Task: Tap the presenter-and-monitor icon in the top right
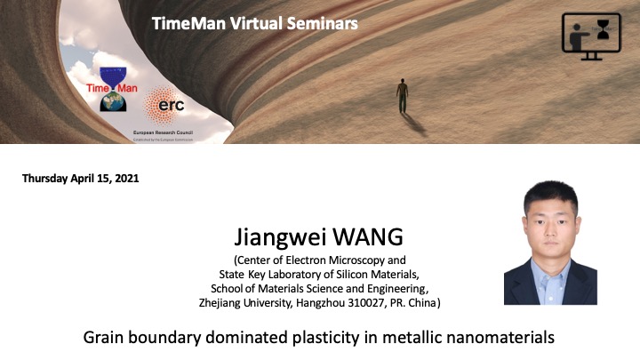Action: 591,36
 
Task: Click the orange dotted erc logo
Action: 163,105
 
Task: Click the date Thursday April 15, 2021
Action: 80,178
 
